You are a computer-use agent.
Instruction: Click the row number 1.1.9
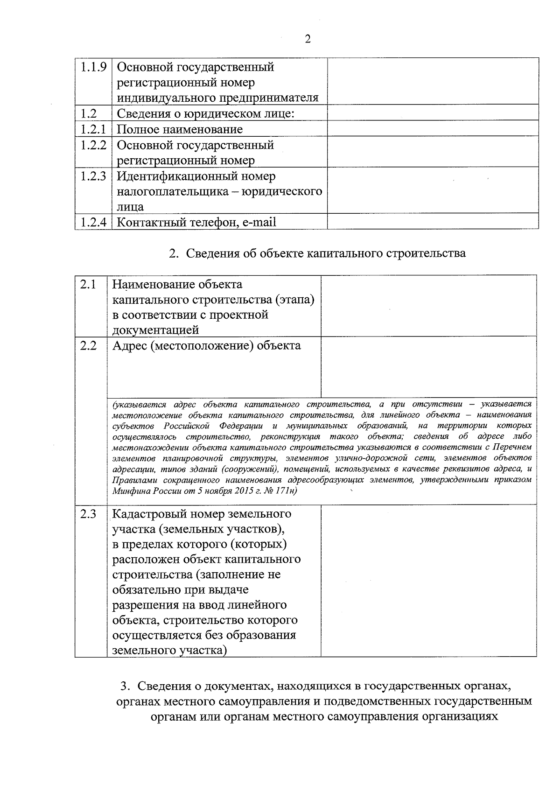coord(93,67)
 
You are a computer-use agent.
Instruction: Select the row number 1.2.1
coord(93,129)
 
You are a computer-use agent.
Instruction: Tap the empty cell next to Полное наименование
coord(433,128)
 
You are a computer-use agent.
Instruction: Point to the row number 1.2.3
coord(93,176)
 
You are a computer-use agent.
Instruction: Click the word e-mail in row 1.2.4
coord(259,222)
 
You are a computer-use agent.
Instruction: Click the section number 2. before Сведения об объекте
coord(174,253)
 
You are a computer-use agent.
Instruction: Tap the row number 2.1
coord(88,284)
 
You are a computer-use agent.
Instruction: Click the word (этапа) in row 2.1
coord(294,300)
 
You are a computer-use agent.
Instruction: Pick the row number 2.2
coord(88,346)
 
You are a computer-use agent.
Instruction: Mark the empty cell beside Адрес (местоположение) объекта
coord(428,367)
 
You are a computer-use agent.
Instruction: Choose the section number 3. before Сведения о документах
coord(124,686)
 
